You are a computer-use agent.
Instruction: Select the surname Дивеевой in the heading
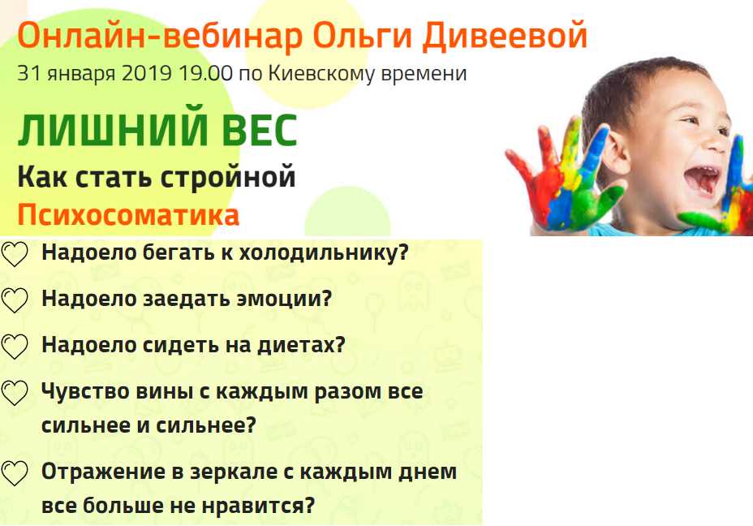pyautogui.click(x=505, y=37)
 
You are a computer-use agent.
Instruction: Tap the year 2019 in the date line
pyautogui.click(x=147, y=74)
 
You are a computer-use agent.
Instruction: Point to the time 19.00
pyautogui.click(x=205, y=74)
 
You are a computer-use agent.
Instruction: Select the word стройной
pyautogui.click(x=228, y=177)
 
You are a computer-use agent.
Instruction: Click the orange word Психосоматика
pyautogui.click(x=128, y=215)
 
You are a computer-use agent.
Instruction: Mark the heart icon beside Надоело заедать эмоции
pyautogui.click(x=15, y=300)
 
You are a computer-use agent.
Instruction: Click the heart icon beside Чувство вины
pyautogui.click(x=15, y=393)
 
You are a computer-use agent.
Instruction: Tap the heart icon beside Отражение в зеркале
pyautogui.click(x=15, y=473)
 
